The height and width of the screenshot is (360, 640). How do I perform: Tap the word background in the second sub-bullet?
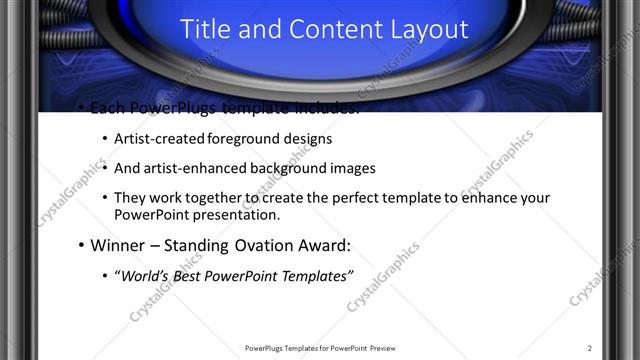coord(285,168)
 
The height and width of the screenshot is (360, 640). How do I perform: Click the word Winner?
coord(118,245)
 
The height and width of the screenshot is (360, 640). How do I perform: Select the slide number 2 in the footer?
coord(590,348)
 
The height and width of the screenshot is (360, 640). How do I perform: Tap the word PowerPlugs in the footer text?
coord(265,348)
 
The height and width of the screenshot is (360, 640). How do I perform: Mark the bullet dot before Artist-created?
coord(105,139)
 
